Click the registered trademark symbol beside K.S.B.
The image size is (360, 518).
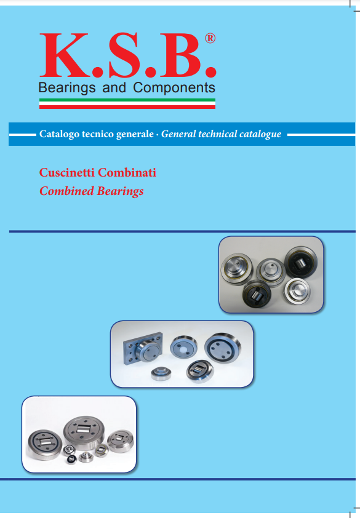210,38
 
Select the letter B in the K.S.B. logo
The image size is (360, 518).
180,55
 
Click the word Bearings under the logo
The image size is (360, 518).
67,88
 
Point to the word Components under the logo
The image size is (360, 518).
174,88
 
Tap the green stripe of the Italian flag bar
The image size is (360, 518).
127,100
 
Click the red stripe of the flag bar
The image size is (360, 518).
127,107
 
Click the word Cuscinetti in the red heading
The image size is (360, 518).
67,172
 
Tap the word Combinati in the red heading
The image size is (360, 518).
127,172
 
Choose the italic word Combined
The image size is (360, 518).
66,191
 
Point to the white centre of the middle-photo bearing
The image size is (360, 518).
184,346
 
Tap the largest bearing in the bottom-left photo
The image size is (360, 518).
84,431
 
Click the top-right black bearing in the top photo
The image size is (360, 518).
301,263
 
